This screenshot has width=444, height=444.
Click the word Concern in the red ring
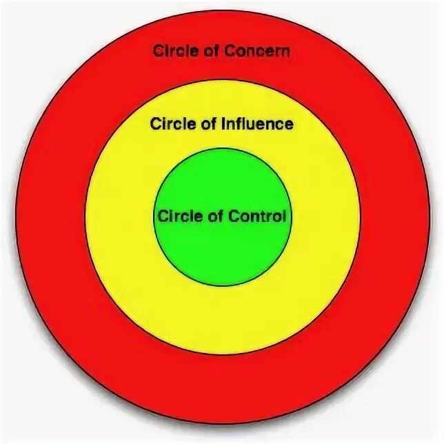(261, 51)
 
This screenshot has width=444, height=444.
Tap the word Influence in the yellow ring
(257, 125)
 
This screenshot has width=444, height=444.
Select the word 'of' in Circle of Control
(214, 216)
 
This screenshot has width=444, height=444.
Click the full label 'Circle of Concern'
(221, 51)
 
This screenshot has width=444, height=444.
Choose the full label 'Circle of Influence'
(221, 125)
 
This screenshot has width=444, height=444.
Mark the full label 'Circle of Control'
(222, 216)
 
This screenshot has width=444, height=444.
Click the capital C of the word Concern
(236, 51)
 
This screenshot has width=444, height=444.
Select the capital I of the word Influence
(223, 125)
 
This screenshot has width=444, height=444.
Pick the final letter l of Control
(283, 216)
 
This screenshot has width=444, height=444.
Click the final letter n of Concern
(286, 52)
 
